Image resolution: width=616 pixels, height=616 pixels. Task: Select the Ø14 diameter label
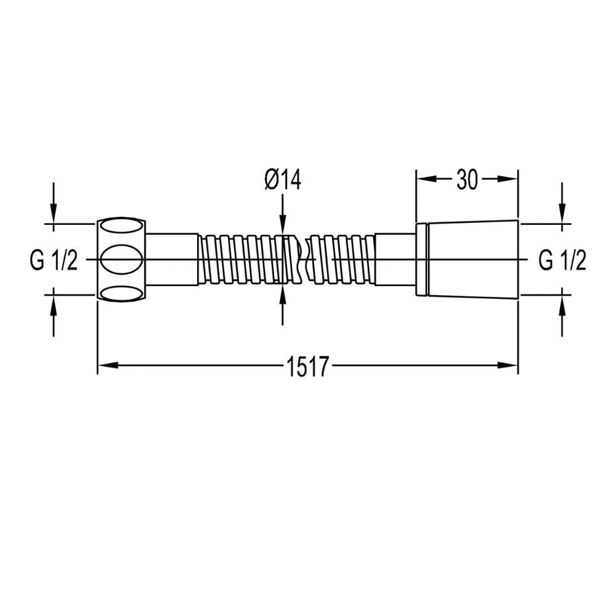283,180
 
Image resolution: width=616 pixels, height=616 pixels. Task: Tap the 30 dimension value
468,180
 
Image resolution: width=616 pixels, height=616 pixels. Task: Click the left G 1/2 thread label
54,261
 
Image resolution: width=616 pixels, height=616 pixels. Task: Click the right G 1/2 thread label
562,261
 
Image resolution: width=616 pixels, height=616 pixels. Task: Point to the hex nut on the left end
122,259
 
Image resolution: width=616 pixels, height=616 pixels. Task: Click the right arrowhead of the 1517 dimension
508,366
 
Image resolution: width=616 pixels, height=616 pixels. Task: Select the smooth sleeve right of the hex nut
173,259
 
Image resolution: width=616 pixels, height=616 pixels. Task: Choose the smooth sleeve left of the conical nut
395,259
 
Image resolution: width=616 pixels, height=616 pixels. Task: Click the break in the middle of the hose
300,259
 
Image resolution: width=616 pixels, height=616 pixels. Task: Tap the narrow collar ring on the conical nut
422,259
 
